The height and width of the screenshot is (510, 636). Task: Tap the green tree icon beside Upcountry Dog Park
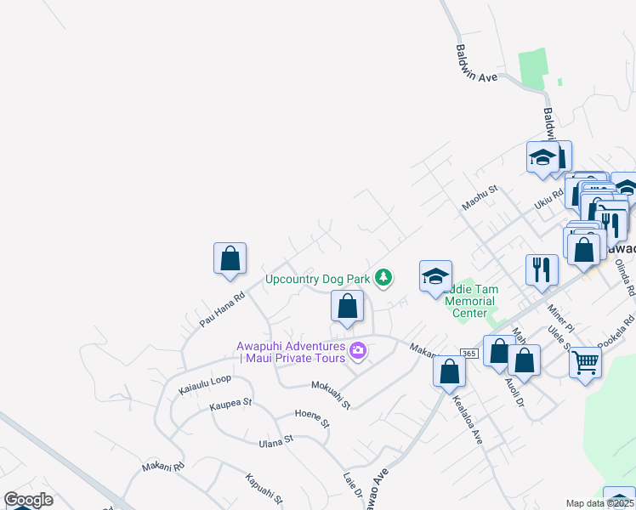[384, 277]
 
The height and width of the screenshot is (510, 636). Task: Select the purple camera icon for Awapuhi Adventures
[358, 350]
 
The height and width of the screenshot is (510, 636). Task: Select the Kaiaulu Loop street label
[204, 384]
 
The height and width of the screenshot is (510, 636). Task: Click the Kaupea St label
[230, 403]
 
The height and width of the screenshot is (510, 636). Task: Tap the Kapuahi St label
[263, 488]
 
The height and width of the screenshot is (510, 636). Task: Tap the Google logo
[28, 500]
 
